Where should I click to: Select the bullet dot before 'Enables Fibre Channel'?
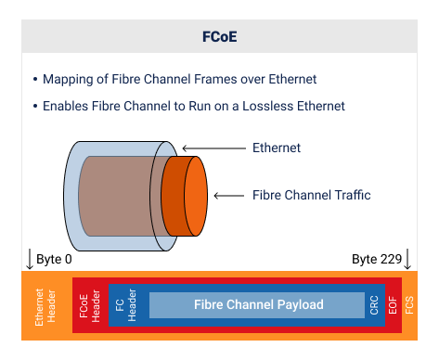pyautogui.click(x=35, y=106)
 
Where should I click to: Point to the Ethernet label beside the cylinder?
pyautogui.click(x=277, y=148)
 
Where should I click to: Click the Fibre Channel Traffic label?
pyautogui.click(x=311, y=196)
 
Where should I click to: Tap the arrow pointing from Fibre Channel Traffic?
pyautogui.click(x=232, y=196)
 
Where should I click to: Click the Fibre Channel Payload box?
pyautogui.click(x=258, y=305)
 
